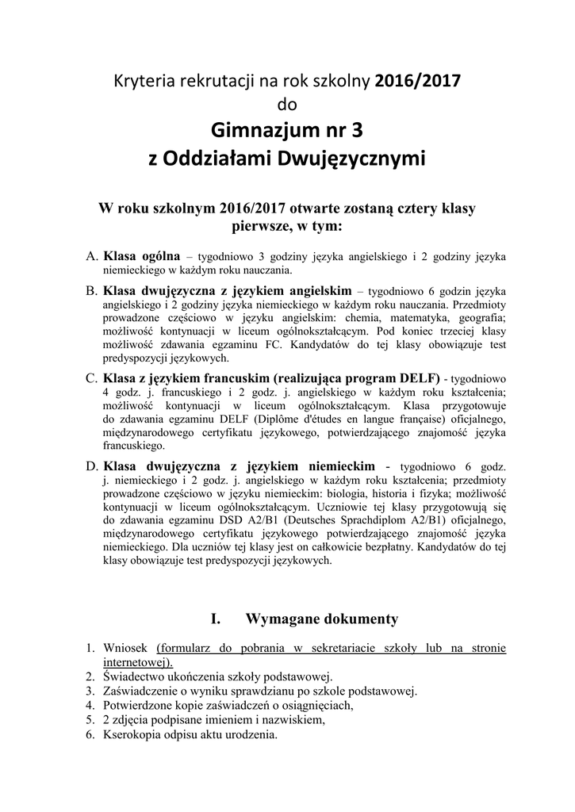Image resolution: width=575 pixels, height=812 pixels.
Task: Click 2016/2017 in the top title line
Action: click(x=417, y=80)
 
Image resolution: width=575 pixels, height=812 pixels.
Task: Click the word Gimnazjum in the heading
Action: click(x=260, y=128)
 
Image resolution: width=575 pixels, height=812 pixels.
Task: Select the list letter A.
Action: click(x=91, y=257)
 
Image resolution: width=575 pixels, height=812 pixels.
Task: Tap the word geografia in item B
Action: click(x=479, y=316)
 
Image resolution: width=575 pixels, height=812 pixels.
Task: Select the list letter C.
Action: click(x=91, y=377)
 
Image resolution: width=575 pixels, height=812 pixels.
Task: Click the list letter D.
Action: click(x=91, y=465)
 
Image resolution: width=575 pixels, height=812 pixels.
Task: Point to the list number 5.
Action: click(x=90, y=720)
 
